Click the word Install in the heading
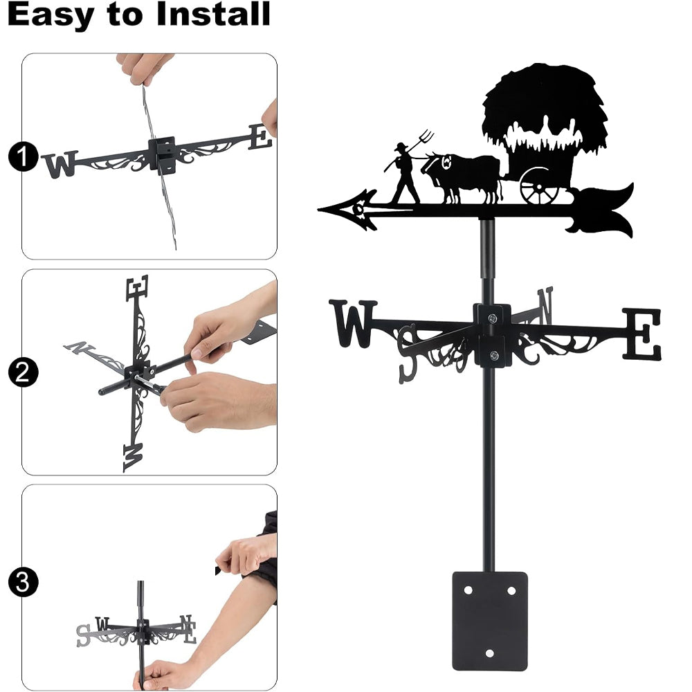pos(213,14)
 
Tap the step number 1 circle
pos(23,156)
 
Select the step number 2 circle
pos(23,372)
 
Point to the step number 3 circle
pos(23,582)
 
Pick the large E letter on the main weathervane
pos(643,334)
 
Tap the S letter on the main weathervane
pos(407,354)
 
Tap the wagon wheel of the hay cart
pos(539,186)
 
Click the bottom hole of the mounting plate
pos(489,653)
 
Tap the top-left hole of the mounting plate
pos(468,590)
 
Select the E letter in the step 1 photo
pos(261,137)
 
